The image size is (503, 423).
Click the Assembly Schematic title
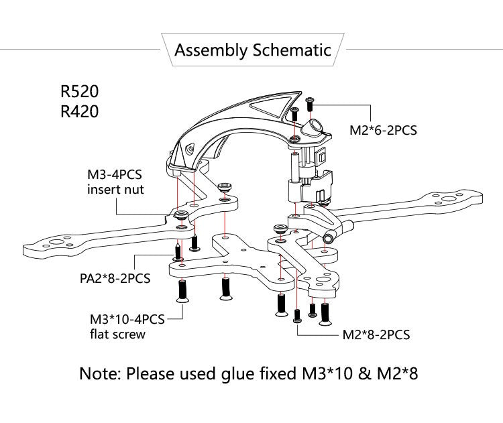click(252, 50)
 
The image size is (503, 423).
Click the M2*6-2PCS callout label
click(383, 130)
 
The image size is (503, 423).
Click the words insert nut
click(115, 190)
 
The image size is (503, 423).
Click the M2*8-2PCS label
click(376, 334)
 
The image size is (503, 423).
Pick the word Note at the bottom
click(99, 373)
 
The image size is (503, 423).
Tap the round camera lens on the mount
click(313, 127)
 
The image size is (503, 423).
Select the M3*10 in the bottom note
click(322, 373)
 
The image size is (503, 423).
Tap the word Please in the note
click(152, 373)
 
